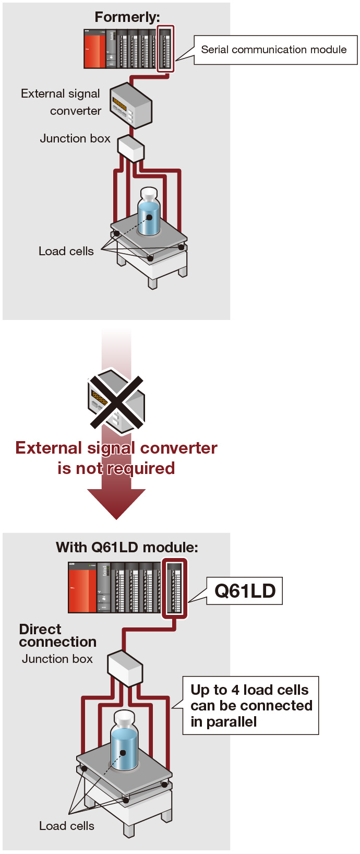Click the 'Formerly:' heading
tap(127, 17)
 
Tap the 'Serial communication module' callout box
tap(275, 50)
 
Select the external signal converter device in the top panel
tap(130, 106)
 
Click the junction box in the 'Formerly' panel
tap(130, 148)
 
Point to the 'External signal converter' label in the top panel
tap(61, 102)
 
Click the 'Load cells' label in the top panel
tap(66, 251)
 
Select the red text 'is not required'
tap(116, 468)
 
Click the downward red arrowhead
tap(116, 503)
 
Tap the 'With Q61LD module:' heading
tap(127, 547)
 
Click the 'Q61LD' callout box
tap(245, 591)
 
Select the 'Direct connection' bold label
tap(57, 635)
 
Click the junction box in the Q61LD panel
tap(125, 668)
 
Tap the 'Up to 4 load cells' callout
tap(250, 706)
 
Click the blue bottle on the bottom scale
tap(124, 743)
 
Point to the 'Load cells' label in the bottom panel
tap(67, 826)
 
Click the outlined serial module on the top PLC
tap(165, 49)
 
